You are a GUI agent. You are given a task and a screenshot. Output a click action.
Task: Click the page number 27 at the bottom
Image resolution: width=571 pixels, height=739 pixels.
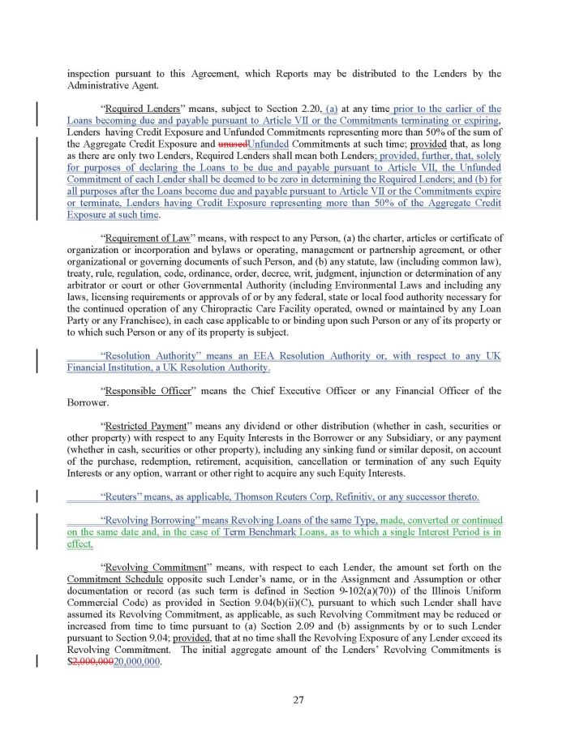click(x=298, y=702)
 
